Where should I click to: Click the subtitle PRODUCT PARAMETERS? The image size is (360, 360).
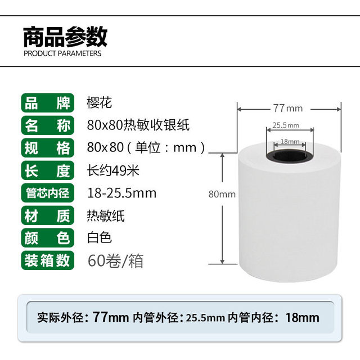(62, 54)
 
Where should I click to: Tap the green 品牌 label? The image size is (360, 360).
(48, 103)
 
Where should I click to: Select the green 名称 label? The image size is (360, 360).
(48, 125)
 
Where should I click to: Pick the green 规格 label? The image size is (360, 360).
(48, 147)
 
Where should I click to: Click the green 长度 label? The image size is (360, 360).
(48, 170)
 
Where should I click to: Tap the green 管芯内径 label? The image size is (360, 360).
(48, 192)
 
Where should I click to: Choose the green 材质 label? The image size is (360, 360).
(48, 215)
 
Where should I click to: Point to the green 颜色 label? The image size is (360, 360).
(48, 237)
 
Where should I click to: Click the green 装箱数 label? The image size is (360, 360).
(48, 260)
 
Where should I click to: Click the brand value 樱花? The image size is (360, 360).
(100, 103)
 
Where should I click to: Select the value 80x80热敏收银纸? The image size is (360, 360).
(130, 125)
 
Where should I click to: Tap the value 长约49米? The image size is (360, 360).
(113, 170)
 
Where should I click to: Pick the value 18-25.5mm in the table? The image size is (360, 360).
(122, 193)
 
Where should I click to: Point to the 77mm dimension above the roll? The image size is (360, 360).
(287, 108)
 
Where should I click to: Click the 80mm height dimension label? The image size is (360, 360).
(222, 194)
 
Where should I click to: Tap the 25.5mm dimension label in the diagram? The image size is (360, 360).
(286, 125)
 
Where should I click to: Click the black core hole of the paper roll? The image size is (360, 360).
(288, 154)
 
